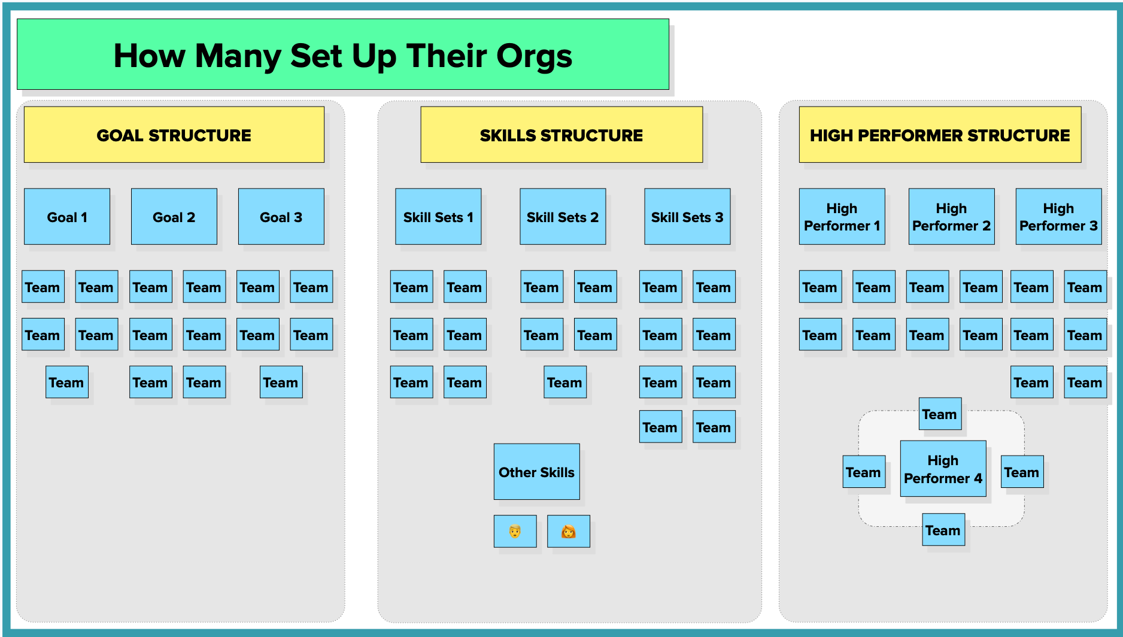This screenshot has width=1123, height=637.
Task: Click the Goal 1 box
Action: [67, 217]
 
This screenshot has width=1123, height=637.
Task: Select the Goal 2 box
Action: [174, 217]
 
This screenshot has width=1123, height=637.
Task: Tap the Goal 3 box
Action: [281, 217]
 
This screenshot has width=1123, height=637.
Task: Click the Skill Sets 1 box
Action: [438, 217]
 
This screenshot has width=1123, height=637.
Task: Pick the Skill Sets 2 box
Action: [563, 217]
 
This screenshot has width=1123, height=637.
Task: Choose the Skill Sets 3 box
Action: [687, 217]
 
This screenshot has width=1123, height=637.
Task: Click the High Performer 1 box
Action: [842, 217]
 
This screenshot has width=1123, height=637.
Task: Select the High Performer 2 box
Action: [952, 217]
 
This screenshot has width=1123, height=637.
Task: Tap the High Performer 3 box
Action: [1059, 217]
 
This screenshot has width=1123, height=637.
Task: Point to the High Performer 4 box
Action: [943, 469]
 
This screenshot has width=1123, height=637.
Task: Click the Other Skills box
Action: [537, 472]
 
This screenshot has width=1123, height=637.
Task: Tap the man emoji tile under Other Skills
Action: [515, 531]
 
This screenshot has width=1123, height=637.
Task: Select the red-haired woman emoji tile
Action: [569, 531]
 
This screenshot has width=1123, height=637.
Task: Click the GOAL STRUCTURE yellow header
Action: [174, 135]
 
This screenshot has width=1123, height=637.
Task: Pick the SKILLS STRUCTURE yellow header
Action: [561, 135]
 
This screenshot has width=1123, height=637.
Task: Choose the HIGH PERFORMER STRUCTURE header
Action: [940, 135]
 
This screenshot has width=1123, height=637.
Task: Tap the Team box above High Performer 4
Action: [940, 414]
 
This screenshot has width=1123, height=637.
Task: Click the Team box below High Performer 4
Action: [943, 530]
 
